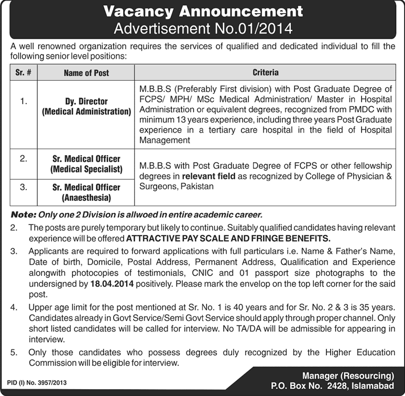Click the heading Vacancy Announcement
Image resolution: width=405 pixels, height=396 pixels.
[203, 11]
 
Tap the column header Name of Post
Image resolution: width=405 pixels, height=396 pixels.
[86, 73]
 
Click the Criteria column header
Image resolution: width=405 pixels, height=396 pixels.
[265, 72]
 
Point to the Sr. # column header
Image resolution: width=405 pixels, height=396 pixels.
[23, 73]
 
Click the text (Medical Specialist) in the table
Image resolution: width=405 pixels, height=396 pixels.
[86, 169]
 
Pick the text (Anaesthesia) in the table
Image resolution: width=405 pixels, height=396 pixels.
[86, 197]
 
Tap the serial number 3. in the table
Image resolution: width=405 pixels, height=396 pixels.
[23, 186]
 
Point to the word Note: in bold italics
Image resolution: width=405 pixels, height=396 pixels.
[23, 215]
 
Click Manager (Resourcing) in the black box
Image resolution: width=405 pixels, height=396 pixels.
[348, 376]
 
